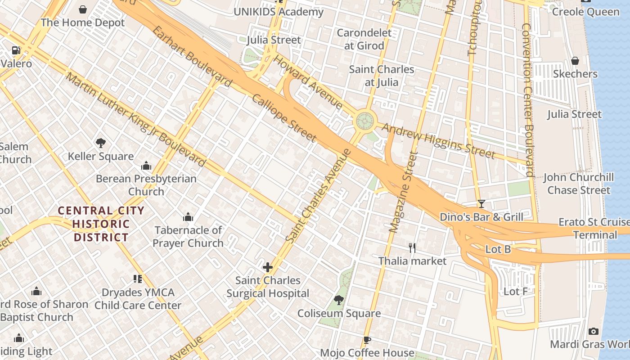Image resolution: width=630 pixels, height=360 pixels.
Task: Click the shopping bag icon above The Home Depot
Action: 83,9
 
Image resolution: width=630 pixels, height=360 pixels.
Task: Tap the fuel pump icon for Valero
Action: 16,51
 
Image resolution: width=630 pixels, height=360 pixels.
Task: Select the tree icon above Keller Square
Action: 101,143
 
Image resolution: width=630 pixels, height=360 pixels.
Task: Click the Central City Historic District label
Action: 101,224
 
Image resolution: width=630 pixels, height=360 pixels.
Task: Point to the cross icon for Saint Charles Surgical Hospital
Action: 268,267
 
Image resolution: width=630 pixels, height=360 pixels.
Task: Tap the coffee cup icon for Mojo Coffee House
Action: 367,340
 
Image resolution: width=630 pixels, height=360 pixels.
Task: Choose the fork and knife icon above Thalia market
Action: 412,247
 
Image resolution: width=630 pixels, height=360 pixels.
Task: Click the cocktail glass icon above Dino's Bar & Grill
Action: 481,204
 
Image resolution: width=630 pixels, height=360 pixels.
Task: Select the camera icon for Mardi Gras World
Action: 594,332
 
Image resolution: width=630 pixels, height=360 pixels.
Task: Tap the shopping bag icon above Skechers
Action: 575,61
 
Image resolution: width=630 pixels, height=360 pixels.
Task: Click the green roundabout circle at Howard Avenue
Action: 364,121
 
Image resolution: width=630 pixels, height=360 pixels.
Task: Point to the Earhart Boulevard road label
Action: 192,57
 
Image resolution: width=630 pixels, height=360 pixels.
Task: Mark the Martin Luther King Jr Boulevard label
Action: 135,119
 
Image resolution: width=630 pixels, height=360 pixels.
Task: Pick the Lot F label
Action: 516,292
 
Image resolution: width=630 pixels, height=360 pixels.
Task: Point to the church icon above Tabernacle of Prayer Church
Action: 188,217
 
